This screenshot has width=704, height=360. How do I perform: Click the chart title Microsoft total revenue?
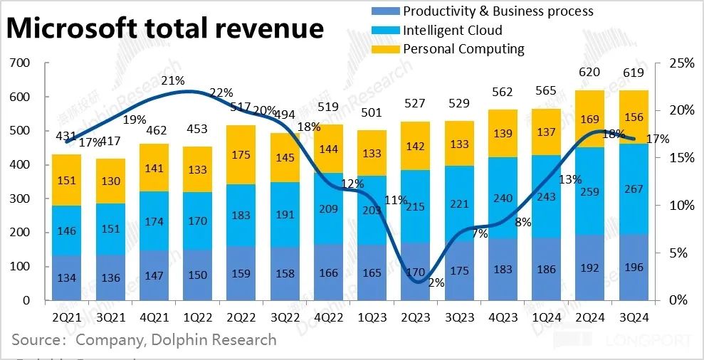[166, 28]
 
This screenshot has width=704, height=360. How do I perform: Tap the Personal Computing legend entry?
[463, 49]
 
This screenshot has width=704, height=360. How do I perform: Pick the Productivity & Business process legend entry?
[498, 11]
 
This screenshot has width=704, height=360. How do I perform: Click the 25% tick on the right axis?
[681, 63]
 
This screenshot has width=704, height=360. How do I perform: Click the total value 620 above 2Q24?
[590, 72]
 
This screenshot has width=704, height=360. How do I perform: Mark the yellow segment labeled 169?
[590, 118]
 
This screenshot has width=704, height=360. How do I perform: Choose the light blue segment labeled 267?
[634, 189]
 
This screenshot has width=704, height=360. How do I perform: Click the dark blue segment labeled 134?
[66, 277]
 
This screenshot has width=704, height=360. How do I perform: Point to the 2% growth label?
[436, 282]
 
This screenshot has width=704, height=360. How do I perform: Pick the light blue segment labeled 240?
[503, 199]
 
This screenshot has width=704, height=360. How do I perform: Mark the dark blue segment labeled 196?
[634, 268]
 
